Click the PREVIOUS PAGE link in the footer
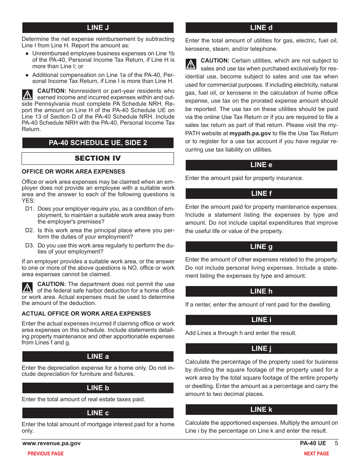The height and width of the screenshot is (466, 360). [x=45, y=453]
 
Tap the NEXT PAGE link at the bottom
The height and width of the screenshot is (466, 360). [x=316, y=453]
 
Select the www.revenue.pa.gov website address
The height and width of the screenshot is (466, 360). [x=52, y=443]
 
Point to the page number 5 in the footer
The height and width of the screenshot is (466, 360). [x=336, y=443]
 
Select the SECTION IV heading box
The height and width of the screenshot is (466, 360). [x=98, y=158]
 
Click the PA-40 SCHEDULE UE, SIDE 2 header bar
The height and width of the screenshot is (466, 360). [x=98, y=143]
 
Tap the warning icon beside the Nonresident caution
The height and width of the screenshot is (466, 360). [x=27, y=94]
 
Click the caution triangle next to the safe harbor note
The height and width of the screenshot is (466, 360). [x=27, y=288]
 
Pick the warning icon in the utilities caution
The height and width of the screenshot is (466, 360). [x=191, y=64]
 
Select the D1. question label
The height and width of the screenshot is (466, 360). [x=30, y=209]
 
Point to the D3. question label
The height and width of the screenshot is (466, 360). [x=30, y=246]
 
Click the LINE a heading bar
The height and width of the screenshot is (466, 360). [x=98, y=357]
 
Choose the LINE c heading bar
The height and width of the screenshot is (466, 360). [x=98, y=413]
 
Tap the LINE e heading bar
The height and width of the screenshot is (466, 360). [x=261, y=165]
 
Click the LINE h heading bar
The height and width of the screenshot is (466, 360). [x=261, y=291]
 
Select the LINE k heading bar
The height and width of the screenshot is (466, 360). [x=261, y=410]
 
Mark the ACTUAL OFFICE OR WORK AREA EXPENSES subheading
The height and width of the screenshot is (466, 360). [x=86, y=314]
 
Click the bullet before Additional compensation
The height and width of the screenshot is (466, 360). [x=27, y=75]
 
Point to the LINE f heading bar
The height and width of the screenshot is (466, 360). [x=261, y=194]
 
